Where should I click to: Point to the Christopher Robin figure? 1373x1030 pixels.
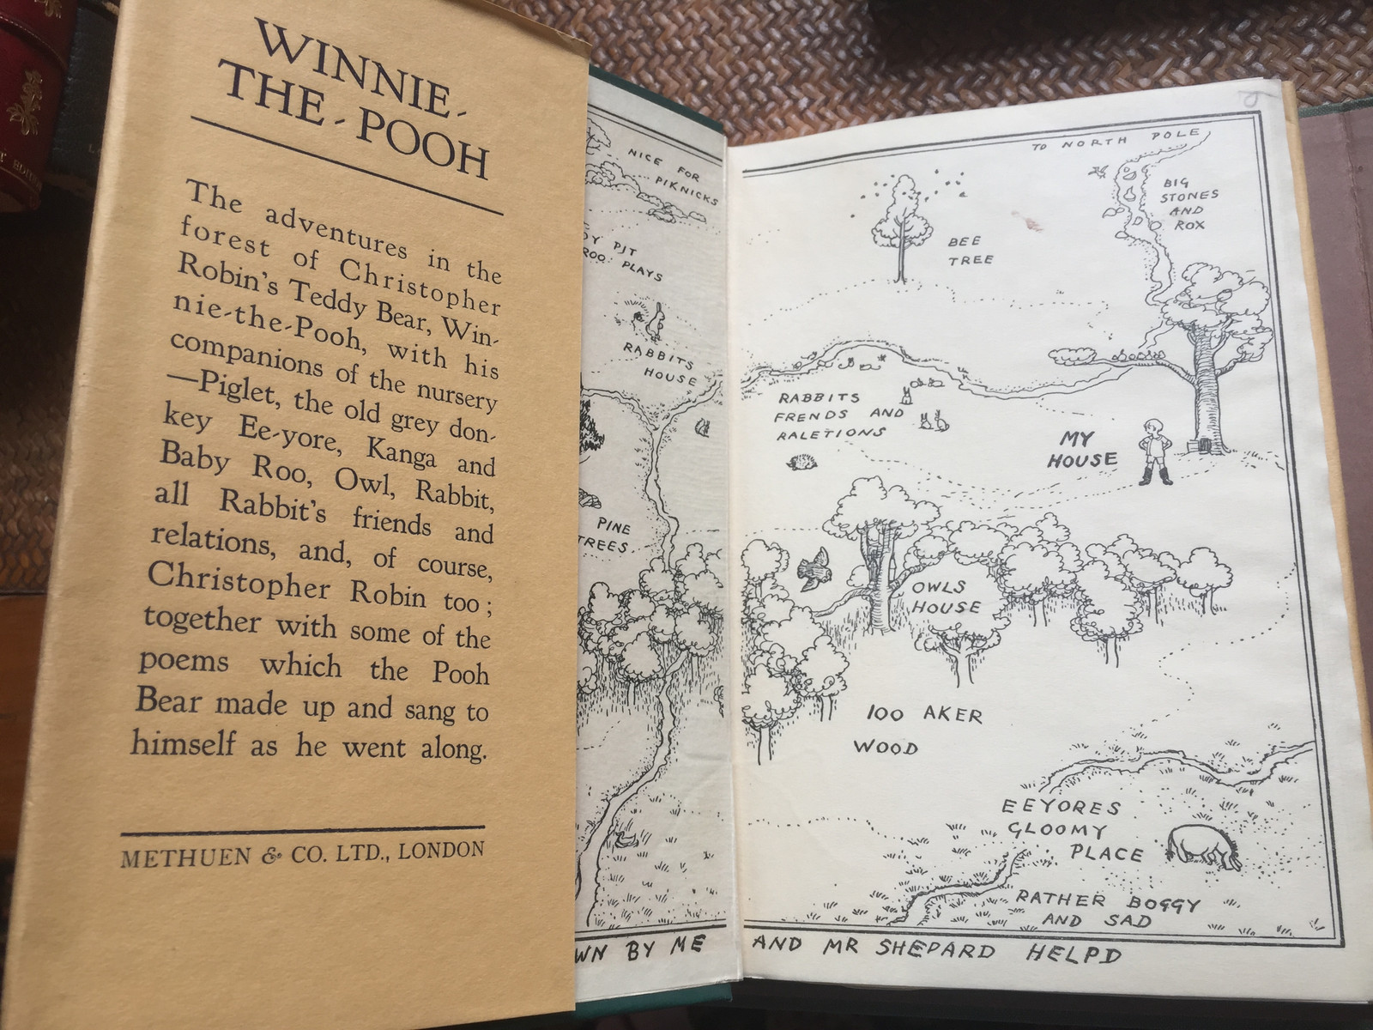pyautogui.click(x=1152, y=452)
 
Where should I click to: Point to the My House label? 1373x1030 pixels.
pyautogui.click(x=1080, y=450)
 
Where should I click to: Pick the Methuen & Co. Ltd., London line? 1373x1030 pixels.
pyautogui.click(x=303, y=854)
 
